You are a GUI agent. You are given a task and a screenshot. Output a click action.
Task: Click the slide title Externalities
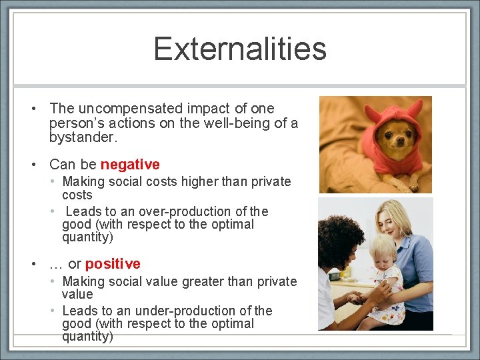point(240,49)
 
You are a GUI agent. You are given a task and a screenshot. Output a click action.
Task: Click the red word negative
point(130,164)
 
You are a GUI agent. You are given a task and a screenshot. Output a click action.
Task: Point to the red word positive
point(113,264)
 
